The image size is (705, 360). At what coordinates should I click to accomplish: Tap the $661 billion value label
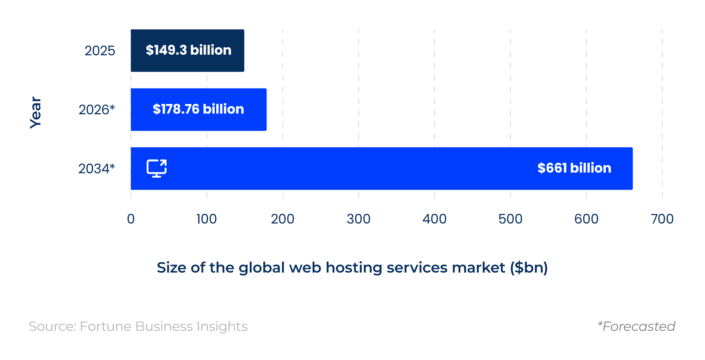[574, 168]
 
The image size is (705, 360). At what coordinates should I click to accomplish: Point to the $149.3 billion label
[189, 50]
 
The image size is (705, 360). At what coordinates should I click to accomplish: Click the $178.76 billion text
[198, 109]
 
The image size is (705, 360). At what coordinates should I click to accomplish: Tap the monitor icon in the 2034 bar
[157, 168]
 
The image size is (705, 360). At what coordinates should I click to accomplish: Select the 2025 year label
[100, 51]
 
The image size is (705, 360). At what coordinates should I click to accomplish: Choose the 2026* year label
[97, 110]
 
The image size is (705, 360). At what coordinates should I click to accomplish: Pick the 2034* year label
[97, 169]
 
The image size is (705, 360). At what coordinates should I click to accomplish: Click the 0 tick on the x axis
[131, 219]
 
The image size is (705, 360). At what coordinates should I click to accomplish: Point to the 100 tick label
[207, 219]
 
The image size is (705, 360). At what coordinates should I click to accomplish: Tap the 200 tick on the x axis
[282, 219]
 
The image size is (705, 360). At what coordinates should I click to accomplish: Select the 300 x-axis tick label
[358, 219]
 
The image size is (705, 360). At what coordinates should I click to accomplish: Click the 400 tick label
[434, 219]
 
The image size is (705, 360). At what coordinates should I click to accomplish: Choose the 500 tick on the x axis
[510, 219]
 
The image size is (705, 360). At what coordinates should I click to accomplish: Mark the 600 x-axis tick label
[586, 219]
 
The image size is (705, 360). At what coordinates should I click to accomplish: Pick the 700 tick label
[662, 219]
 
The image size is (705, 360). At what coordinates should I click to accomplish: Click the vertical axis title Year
[36, 112]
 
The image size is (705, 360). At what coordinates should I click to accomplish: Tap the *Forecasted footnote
[636, 327]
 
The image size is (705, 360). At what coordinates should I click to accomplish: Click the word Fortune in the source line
[106, 327]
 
